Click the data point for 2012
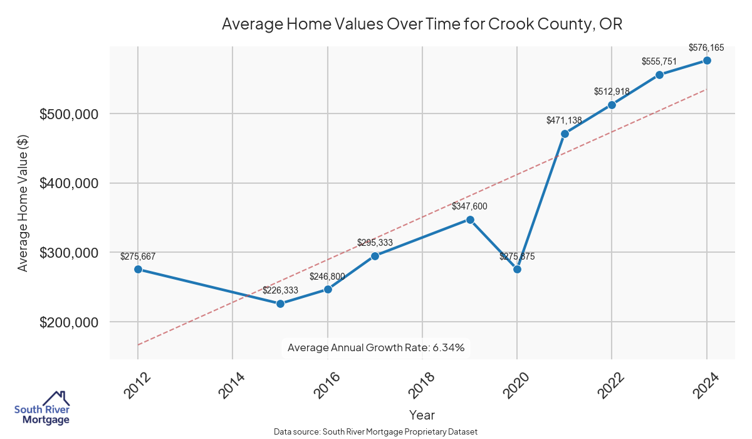pyautogui.click(x=138, y=269)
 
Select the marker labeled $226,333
pyautogui.click(x=280, y=304)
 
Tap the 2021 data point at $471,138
pyautogui.click(x=565, y=134)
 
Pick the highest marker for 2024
pyautogui.click(x=707, y=60)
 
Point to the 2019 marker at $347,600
pyautogui.click(x=470, y=219)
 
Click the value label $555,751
pyautogui.click(x=659, y=61)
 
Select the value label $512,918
pyautogui.click(x=612, y=92)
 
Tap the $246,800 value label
pyautogui.click(x=327, y=276)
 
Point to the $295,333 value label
pyautogui.click(x=375, y=242)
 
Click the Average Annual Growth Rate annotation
pyautogui.click(x=376, y=347)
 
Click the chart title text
pyautogui.click(x=422, y=24)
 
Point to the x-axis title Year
pyautogui.click(x=422, y=415)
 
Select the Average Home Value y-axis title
pyautogui.click(x=23, y=203)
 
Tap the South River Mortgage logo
pyautogui.click(x=42, y=408)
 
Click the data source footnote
pyautogui.click(x=376, y=432)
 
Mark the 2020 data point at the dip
pyautogui.click(x=517, y=269)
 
